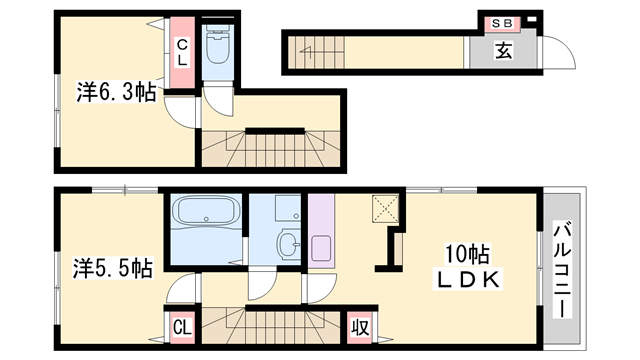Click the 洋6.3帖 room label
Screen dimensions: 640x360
[116, 92]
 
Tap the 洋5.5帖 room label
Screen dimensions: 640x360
[113, 268]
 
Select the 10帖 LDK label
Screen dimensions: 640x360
[468, 267]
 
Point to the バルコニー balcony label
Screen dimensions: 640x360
[562, 269]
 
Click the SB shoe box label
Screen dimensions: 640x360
[502, 23]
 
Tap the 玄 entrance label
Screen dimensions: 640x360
[504, 51]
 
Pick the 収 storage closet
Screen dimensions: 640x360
[360, 327]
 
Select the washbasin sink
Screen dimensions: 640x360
[289, 244]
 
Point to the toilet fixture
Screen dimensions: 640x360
[218, 45]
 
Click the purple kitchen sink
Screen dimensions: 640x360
[321, 248]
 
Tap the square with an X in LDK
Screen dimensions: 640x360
[385, 209]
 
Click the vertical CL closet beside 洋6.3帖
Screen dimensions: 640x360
[182, 52]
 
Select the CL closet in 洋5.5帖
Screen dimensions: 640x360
[182, 327]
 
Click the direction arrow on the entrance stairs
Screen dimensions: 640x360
[306, 51]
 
